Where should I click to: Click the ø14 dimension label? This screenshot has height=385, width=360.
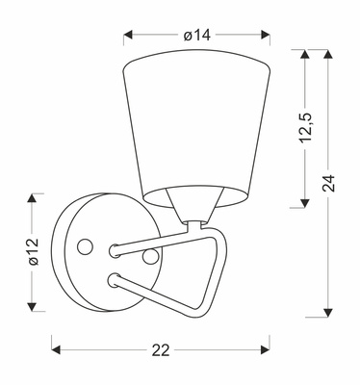pos(196,35)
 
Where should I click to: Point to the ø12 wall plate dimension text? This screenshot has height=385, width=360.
pos(31,251)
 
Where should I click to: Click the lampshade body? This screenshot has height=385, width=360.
pos(196,125)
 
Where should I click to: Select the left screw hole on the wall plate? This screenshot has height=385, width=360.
pos(86,247)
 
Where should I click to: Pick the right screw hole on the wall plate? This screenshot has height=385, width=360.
pos(150,256)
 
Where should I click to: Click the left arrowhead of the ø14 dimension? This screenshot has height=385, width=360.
pos(128,36)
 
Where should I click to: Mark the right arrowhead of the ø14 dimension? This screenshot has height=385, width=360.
pos(267,36)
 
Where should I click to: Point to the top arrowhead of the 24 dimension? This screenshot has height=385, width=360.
pos(330,55)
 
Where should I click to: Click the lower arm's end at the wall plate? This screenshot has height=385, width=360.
pos(115,279)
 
